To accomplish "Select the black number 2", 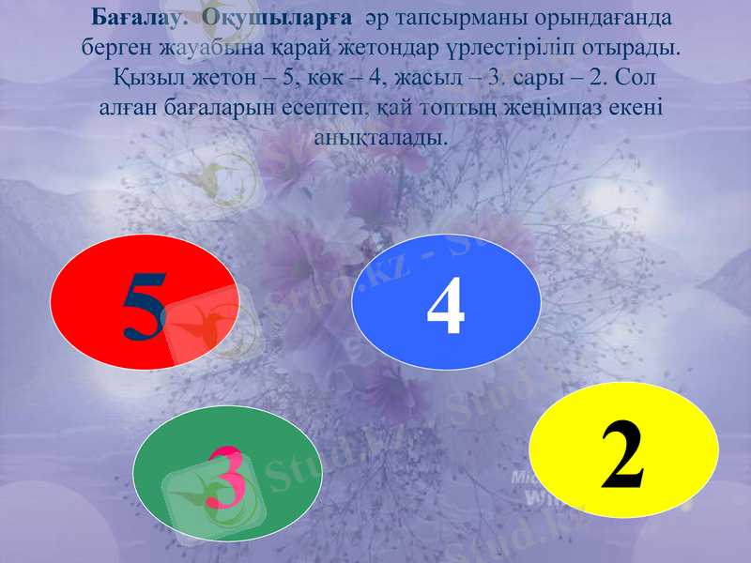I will tap(623, 458).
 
